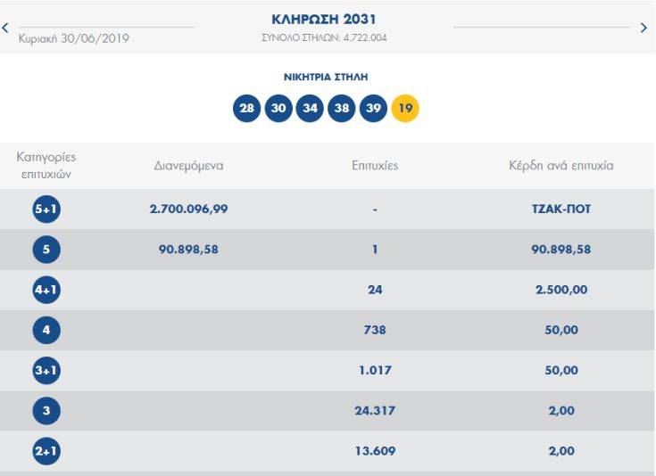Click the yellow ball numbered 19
point(405,109)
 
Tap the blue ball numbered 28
point(246,109)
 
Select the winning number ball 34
point(310,109)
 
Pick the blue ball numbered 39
point(373,109)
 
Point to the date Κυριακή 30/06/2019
point(73,38)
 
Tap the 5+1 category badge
point(46,209)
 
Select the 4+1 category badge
point(46,290)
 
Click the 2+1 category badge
point(46,452)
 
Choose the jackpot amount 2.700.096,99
point(188,209)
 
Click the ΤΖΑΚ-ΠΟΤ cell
point(561,209)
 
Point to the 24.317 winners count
point(376,411)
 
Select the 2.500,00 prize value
point(561,290)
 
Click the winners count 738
point(376,330)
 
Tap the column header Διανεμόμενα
point(188,166)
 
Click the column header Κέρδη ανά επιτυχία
point(561,166)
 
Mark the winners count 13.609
point(376,452)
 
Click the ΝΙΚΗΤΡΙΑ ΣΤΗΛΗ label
point(326,78)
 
